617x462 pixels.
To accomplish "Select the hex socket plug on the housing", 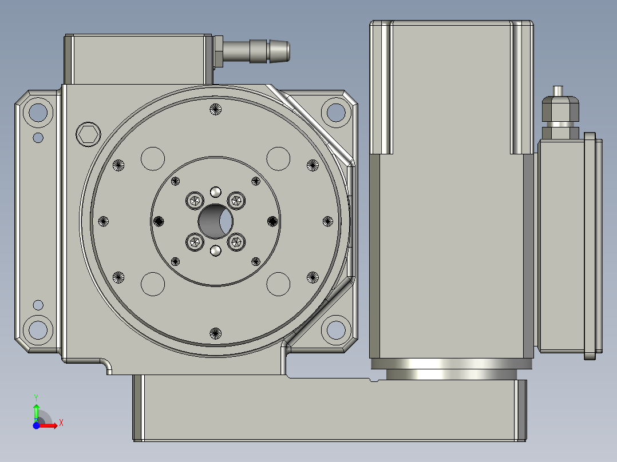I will (x=88, y=134).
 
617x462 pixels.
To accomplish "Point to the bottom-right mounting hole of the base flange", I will (x=335, y=329).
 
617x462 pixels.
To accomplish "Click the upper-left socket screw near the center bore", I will (x=195, y=201).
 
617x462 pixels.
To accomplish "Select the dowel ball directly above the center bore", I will (x=216, y=191).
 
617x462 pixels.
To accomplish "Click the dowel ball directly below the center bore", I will (x=216, y=250).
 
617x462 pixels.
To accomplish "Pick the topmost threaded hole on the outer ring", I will (x=216, y=109).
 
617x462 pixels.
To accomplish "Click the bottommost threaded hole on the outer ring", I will (x=216, y=332).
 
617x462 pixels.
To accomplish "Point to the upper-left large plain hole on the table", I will (x=153, y=158).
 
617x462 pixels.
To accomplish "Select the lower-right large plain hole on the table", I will (x=279, y=284).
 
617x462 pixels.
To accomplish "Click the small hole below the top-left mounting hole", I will (x=38, y=138).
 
